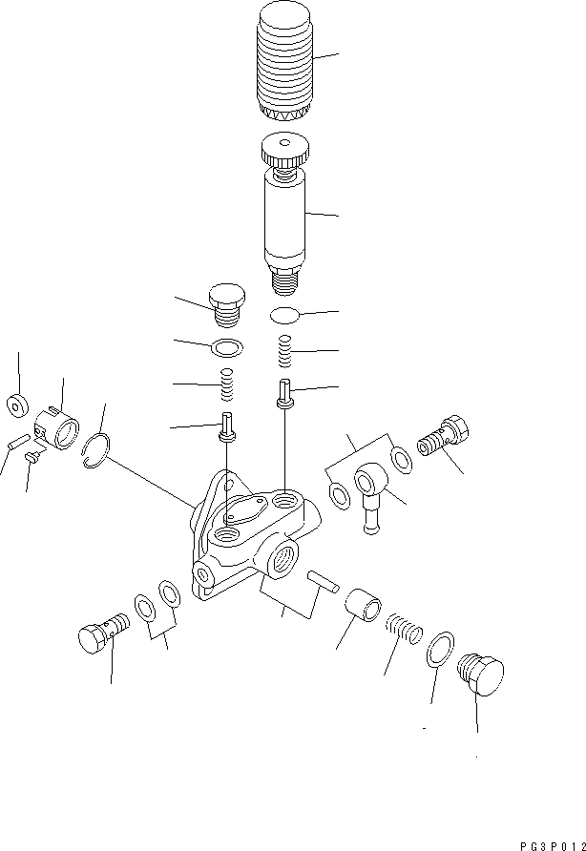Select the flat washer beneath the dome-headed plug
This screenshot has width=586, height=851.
point(225,345)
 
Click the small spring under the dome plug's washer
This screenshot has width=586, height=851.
point(226,385)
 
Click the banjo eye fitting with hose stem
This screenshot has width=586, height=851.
point(370,490)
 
